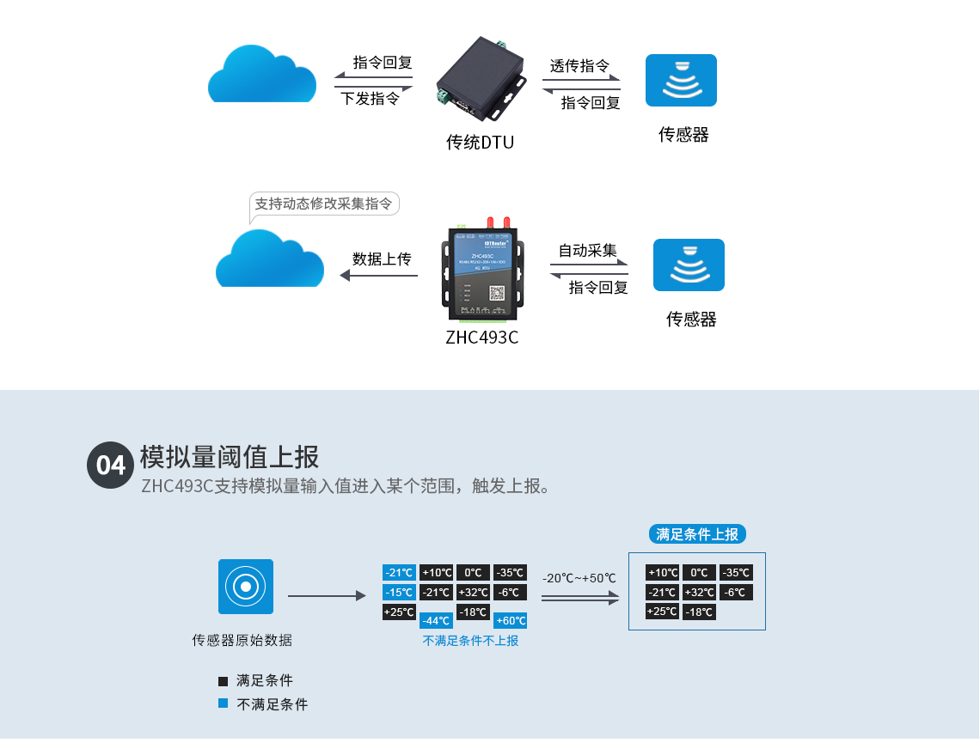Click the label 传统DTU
click(x=480, y=143)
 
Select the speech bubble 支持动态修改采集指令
click(x=324, y=204)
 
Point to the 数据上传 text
click(x=382, y=259)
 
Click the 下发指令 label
click(x=371, y=99)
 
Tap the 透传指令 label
click(x=580, y=66)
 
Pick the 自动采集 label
click(x=588, y=251)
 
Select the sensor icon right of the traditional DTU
click(x=682, y=80)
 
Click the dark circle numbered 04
click(x=110, y=465)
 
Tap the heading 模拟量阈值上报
click(x=229, y=456)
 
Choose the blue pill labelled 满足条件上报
click(x=697, y=534)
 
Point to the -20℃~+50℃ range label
click(x=579, y=578)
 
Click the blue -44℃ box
click(x=436, y=621)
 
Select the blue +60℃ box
click(x=511, y=621)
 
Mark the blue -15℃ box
click(x=399, y=593)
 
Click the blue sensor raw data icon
click(x=246, y=587)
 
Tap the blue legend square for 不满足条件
click(x=224, y=703)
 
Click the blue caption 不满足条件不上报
click(x=470, y=641)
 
